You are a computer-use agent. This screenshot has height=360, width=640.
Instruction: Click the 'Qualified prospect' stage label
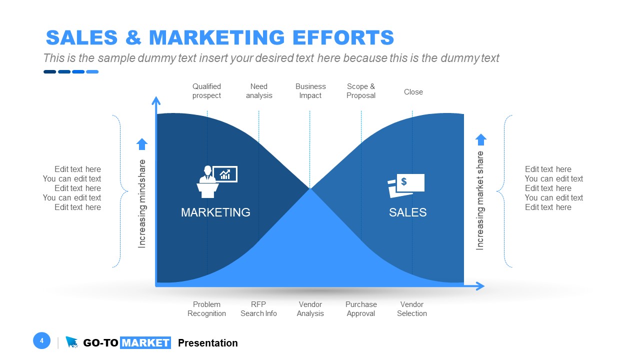click(x=206, y=91)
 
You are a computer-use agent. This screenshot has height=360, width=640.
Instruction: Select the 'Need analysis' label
click(x=259, y=91)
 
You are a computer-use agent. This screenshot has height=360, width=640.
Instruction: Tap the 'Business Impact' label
click(x=310, y=91)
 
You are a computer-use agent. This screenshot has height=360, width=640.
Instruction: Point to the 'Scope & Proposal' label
click(x=361, y=91)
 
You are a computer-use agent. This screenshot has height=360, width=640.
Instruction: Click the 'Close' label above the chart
click(x=413, y=92)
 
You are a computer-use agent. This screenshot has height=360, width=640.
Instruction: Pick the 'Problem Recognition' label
click(x=206, y=309)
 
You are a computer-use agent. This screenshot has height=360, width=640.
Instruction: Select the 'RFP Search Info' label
click(x=258, y=309)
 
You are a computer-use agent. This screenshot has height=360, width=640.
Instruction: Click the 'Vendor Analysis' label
click(x=310, y=309)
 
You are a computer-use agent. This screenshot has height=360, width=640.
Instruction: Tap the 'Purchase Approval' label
click(x=361, y=309)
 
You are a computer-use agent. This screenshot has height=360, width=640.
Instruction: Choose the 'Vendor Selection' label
click(x=412, y=309)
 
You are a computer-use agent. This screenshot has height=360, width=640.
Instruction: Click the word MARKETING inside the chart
click(x=215, y=212)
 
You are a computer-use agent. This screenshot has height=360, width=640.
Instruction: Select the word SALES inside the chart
click(x=407, y=212)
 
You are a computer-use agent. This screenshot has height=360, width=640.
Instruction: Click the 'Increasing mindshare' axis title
click(x=142, y=203)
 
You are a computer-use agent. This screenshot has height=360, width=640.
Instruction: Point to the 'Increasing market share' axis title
click(x=480, y=200)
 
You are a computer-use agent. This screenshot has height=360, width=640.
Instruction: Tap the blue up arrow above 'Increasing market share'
click(x=480, y=139)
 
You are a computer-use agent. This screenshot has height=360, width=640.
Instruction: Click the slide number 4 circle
click(x=41, y=341)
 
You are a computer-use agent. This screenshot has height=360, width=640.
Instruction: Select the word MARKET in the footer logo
click(x=145, y=343)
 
